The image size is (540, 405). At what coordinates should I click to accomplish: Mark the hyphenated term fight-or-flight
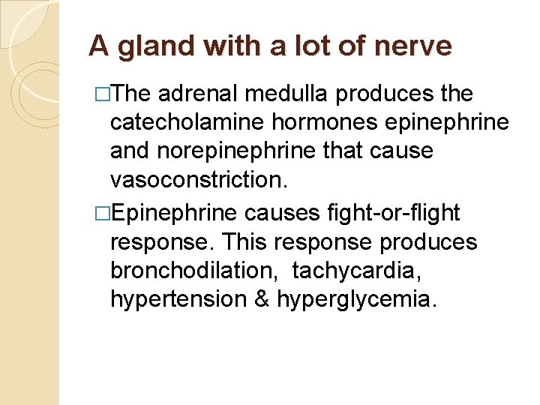point(394,214)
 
